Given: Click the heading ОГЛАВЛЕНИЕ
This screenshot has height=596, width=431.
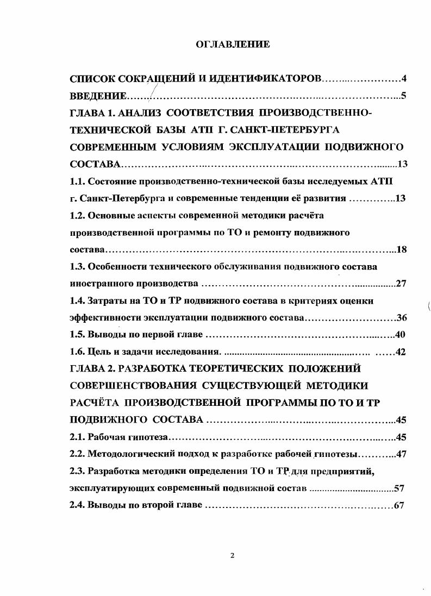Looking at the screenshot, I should coord(232,45).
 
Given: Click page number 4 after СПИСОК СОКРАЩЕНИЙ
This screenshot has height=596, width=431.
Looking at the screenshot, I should coord(404,79).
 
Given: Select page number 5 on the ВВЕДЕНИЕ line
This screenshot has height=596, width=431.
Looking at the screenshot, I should coord(404,97).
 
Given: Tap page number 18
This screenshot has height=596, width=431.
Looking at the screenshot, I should coord(402,250).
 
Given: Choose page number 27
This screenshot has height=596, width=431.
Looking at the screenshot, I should coord(402,284).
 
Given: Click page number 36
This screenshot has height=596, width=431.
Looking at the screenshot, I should coord(402,318).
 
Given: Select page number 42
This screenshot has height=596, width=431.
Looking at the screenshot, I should coord(401,352).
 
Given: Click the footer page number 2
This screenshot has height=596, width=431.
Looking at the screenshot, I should coord(232,555).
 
